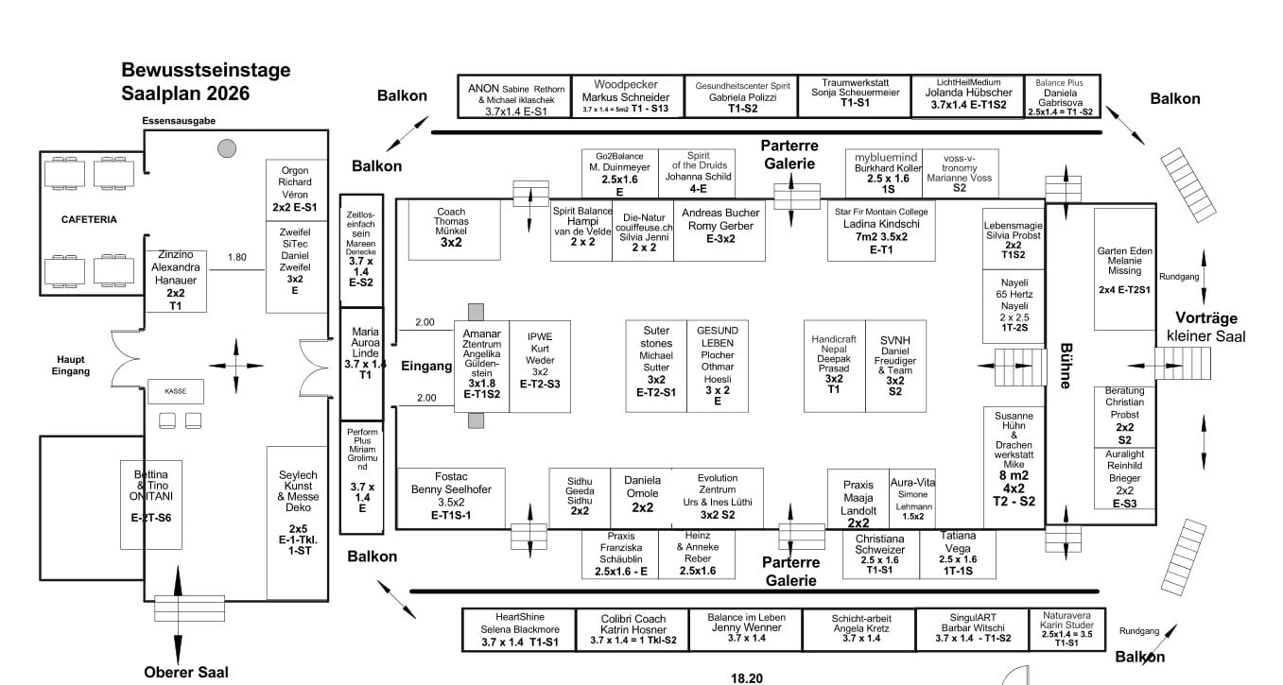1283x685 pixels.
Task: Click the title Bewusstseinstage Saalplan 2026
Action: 205,81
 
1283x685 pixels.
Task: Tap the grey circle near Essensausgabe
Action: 226,147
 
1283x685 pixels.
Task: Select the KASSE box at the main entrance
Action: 176,390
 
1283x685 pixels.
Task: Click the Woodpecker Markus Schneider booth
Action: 625,96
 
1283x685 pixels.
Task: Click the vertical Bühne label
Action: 1065,365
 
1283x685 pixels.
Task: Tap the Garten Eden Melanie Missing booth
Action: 1124,268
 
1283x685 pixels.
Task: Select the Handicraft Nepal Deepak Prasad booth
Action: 834,365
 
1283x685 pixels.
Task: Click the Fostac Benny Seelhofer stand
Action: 451,496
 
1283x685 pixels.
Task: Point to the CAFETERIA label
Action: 89,219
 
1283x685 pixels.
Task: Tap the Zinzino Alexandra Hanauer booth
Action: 176,281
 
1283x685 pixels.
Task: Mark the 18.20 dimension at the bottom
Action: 746,676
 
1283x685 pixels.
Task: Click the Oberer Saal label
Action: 186,673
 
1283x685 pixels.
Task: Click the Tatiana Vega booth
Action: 958,554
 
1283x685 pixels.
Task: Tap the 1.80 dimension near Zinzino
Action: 236,256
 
